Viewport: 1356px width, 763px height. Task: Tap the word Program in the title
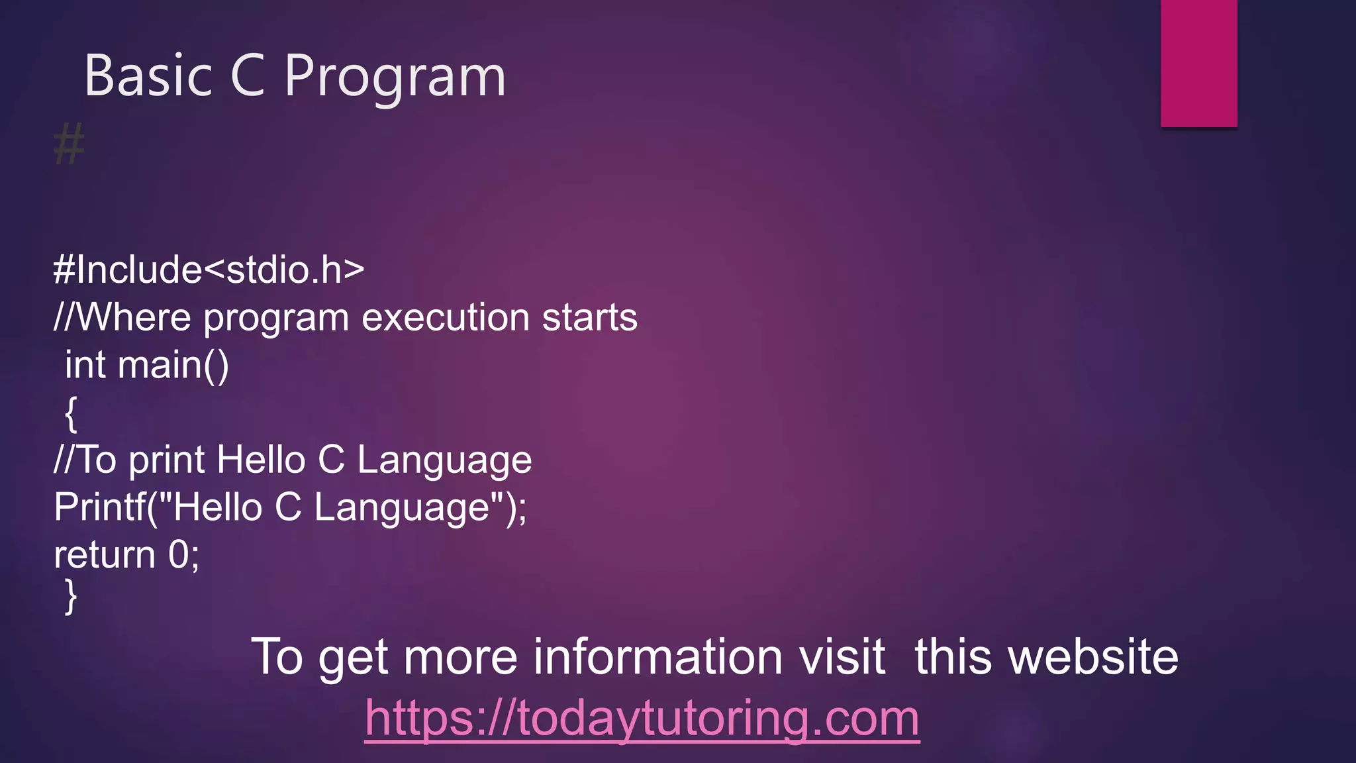(x=395, y=78)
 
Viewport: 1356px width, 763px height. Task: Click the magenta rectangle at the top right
(x=1198, y=63)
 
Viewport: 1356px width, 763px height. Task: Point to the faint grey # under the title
(x=69, y=144)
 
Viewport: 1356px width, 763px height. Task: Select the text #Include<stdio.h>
(x=209, y=270)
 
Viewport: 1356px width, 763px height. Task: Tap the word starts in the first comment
(x=589, y=317)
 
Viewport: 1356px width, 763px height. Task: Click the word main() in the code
(x=173, y=365)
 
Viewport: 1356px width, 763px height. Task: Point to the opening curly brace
(x=71, y=414)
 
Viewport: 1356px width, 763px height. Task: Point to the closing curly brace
(x=71, y=597)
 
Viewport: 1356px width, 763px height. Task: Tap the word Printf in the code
(x=99, y=507)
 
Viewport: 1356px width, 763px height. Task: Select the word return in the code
(x=104, y=555)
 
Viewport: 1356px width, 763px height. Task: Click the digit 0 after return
(x=179, y=555)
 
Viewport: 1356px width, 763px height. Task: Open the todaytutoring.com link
(x=642, y=718)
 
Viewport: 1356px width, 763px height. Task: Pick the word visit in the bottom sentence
(x=842, y=657)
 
